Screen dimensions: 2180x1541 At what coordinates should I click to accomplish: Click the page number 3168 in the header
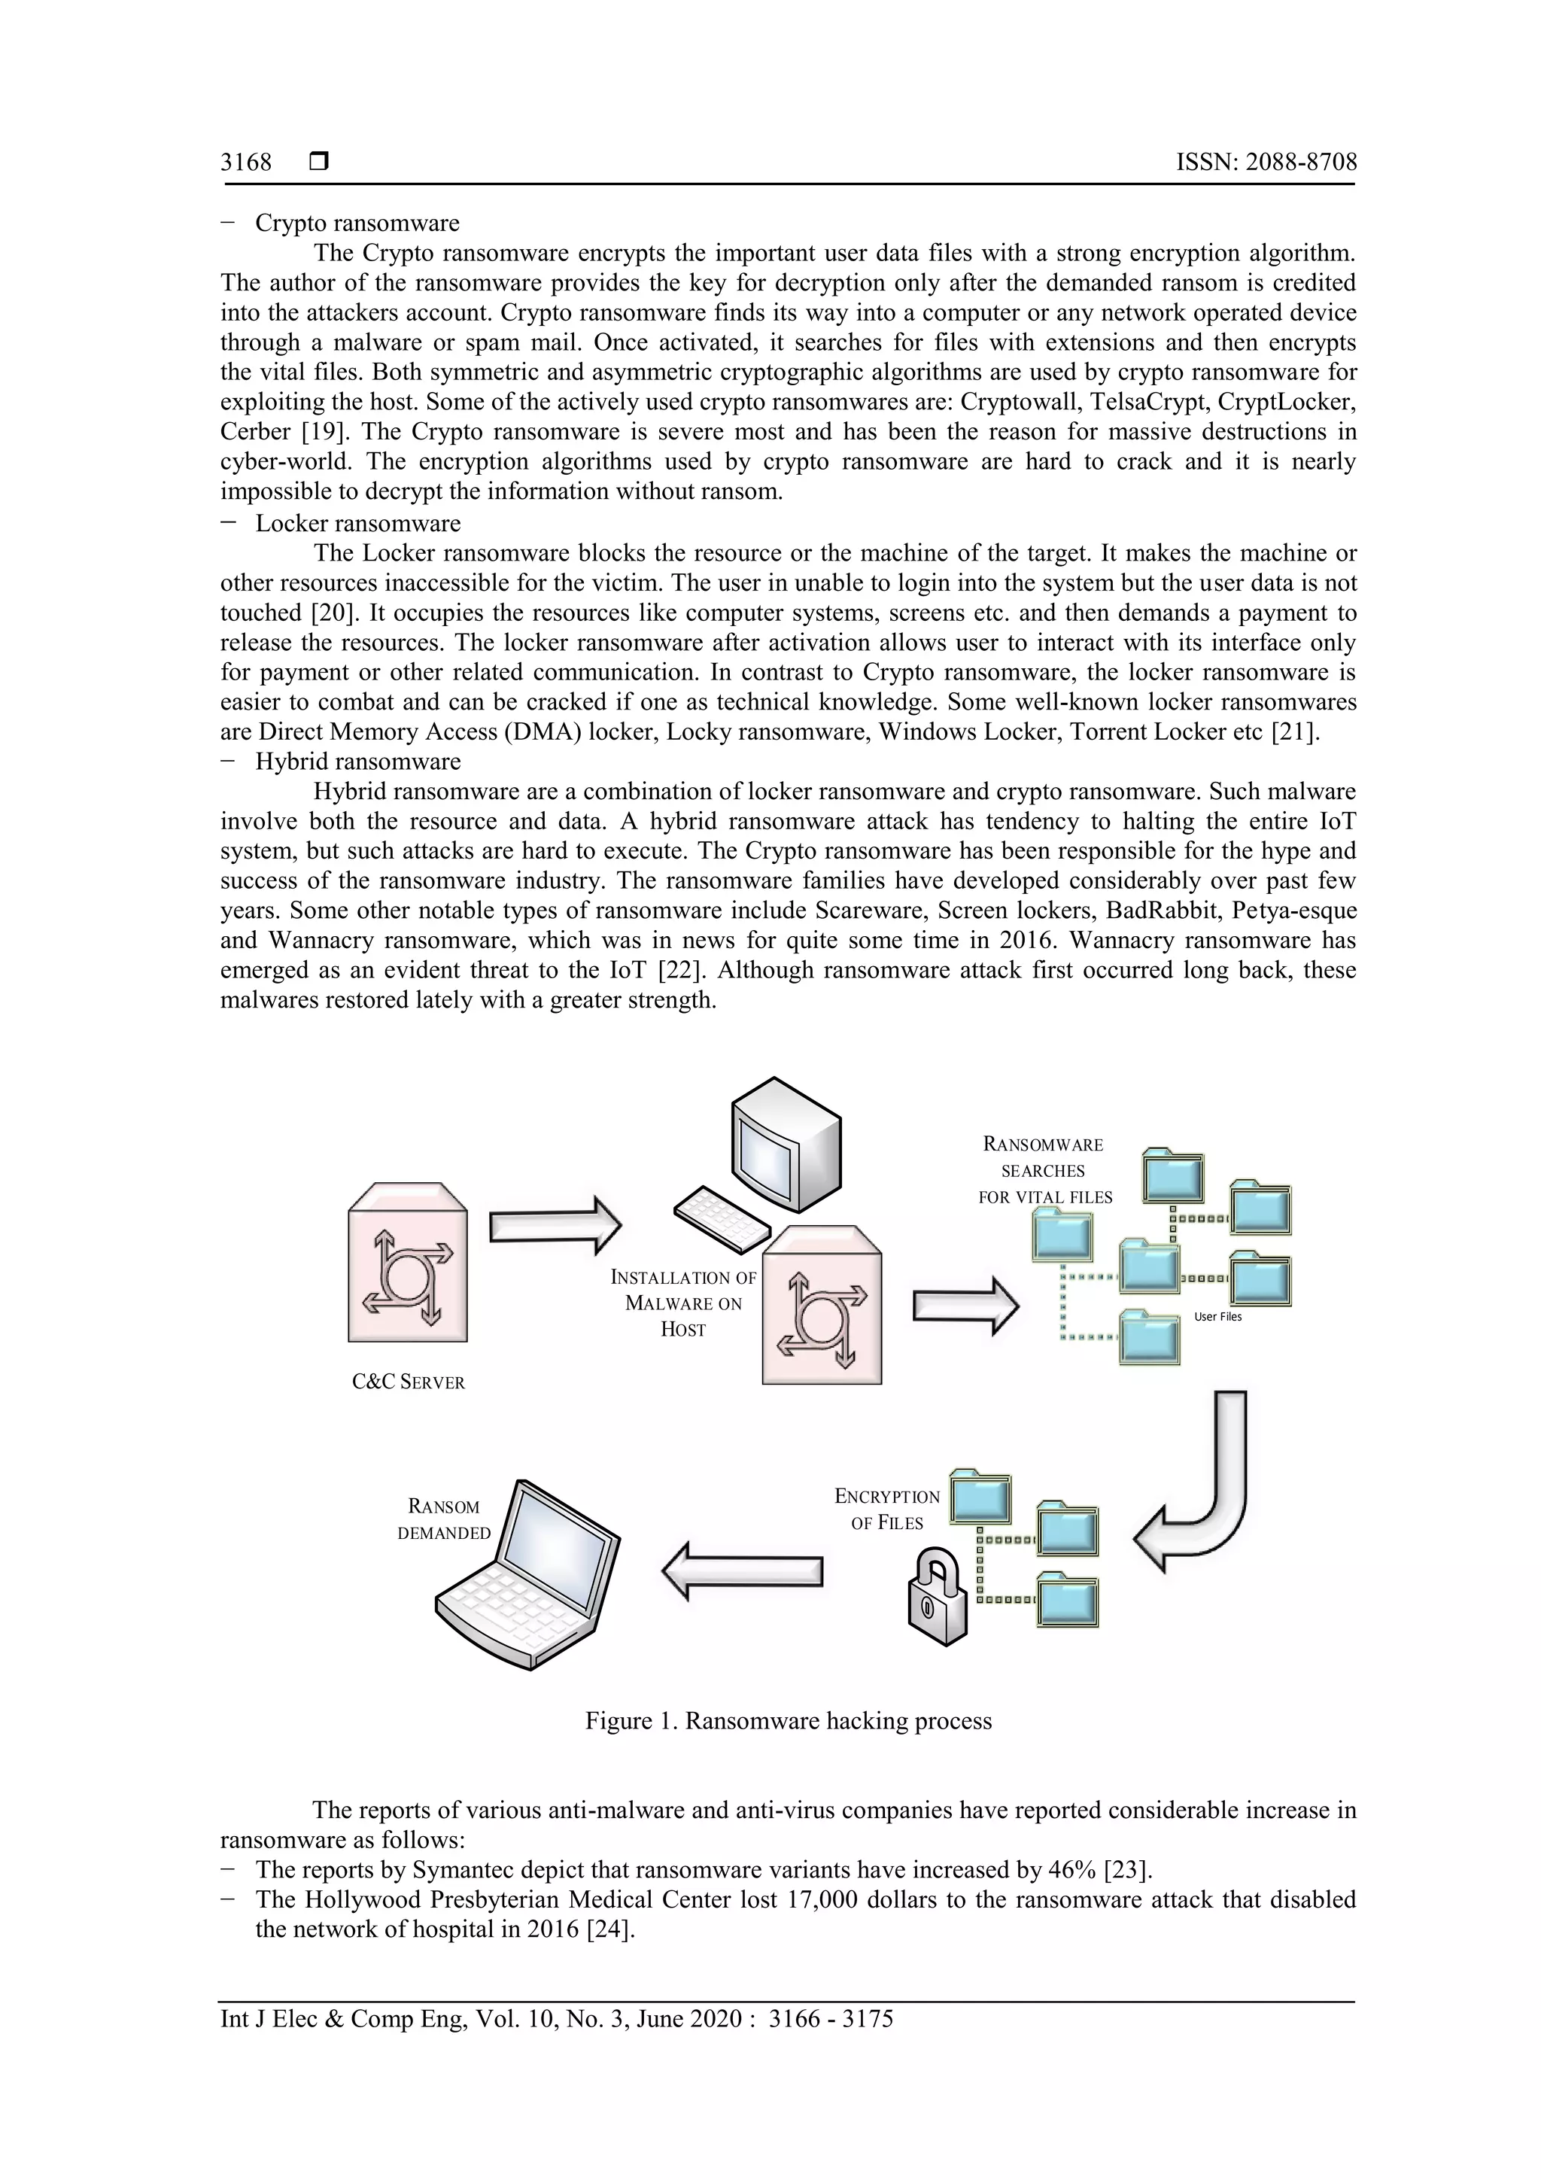tap(246, 163)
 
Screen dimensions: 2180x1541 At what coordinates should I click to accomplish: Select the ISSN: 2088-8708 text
tap(1266, 163)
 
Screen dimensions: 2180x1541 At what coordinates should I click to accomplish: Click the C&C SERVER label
tap(409, 1382)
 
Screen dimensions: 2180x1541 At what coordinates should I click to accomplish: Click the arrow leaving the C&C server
tap(555, 1226)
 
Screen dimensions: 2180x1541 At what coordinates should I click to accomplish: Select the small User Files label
tap(1217, 1317)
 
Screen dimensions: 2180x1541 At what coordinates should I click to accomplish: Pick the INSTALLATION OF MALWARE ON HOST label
tap(684, 1303)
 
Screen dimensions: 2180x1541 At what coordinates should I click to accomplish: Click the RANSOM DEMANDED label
tap(443, 1519)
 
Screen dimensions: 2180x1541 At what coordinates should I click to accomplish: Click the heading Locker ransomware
tap(358, 523)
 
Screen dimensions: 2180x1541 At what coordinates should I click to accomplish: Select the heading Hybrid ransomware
tap(358, 762)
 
